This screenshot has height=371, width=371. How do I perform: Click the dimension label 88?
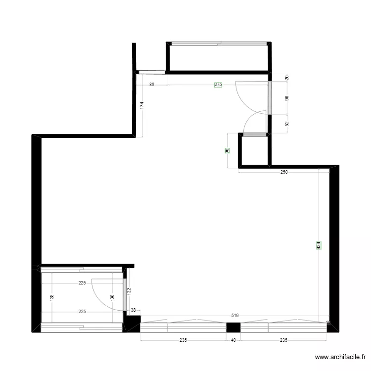point(152,85)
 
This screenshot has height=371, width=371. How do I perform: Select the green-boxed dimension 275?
point(218,85)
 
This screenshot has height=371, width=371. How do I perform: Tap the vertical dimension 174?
point(142,105)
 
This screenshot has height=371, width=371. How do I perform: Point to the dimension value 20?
point(287,78)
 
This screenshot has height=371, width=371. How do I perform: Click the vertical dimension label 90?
point(287,98)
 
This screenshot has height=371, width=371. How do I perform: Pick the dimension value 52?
point(287,124)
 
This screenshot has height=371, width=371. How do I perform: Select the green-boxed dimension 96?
point(227,151)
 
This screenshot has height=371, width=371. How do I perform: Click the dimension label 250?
point(283,172)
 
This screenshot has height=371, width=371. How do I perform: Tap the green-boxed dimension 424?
point(319,244)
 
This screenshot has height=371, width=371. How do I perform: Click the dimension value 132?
point(129,292)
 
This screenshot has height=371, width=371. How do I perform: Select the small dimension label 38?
point(133,310)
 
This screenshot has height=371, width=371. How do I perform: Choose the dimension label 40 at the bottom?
point(233,340)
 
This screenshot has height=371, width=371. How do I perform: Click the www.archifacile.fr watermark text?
point(341,357)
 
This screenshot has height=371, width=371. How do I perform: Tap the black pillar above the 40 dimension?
point(233,327)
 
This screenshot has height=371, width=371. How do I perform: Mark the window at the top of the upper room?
point(218,44)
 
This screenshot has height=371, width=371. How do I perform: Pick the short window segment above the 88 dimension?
point(152,72)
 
